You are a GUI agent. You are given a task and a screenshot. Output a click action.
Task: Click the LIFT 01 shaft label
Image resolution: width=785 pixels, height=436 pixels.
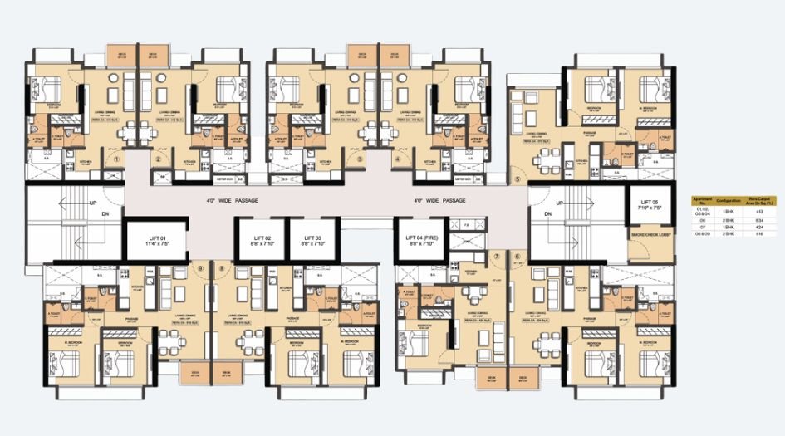[155, 242]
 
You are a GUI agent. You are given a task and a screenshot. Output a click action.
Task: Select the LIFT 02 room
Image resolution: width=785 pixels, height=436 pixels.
[260, 242]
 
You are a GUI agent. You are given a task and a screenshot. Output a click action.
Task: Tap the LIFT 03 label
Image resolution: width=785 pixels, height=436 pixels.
[312, 242]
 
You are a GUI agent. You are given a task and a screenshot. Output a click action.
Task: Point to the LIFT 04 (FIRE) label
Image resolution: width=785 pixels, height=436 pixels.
[421, 242]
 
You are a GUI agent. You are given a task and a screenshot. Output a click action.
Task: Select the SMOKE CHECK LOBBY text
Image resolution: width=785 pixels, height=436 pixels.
[650, 236]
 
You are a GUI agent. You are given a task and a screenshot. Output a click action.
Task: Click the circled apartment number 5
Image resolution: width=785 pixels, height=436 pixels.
[516, 179]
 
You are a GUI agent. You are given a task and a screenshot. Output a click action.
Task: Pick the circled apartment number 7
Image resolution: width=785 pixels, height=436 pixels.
[497, 257]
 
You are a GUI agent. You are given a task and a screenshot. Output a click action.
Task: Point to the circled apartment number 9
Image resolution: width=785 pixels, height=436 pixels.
[199, 268]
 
